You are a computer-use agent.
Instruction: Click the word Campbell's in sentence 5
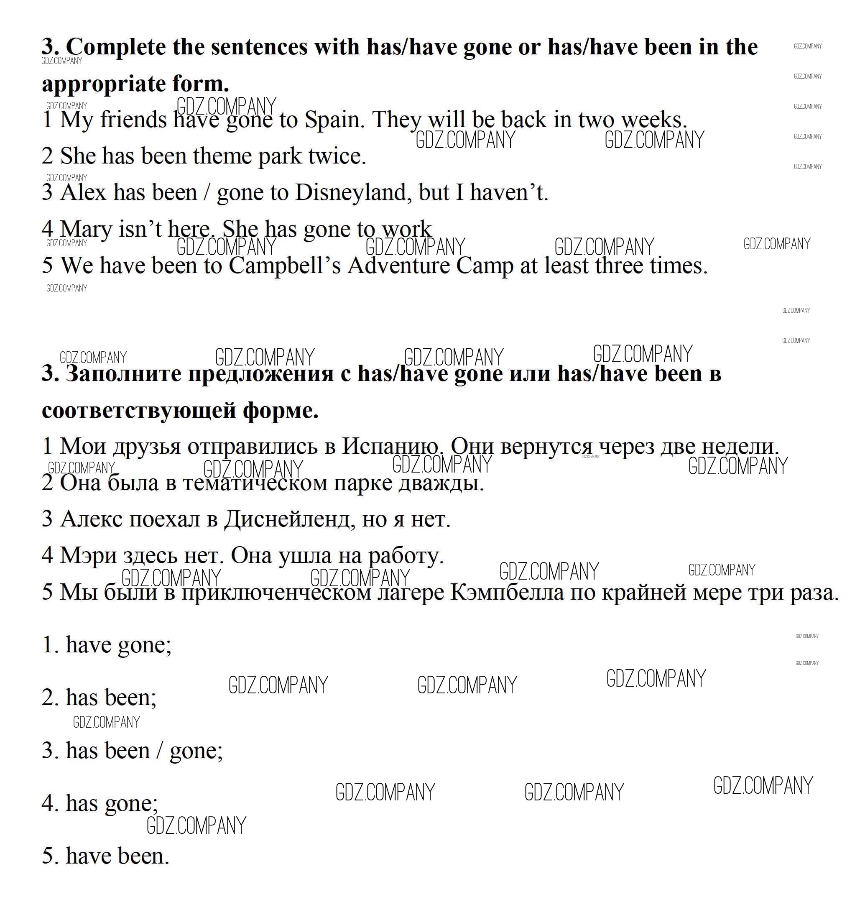pos(284,266)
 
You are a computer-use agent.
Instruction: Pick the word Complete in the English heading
pos(116,47)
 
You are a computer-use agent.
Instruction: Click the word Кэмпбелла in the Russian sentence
pos(507,592)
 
